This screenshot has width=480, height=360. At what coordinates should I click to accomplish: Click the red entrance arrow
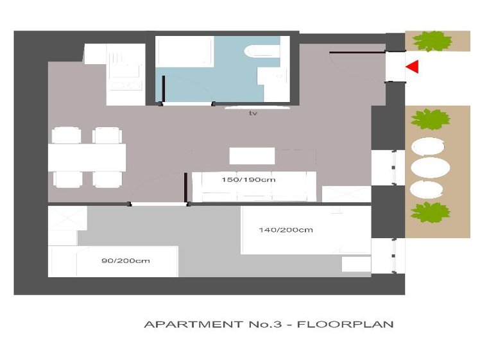413,67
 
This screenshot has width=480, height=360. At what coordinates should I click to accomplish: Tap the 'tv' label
253,114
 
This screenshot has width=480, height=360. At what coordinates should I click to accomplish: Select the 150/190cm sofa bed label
248,180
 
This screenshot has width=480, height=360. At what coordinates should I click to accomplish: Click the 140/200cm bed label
286,230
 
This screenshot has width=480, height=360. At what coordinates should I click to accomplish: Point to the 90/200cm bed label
126,261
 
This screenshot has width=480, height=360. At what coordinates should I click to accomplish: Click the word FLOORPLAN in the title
345,324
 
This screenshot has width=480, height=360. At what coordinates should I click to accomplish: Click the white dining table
87,157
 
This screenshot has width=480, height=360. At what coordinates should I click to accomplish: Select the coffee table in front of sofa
252,156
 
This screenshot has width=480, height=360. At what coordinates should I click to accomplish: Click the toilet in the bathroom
262,51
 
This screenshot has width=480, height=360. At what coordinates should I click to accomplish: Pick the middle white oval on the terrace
430,167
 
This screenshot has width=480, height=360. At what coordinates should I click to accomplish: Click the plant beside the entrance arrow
433,40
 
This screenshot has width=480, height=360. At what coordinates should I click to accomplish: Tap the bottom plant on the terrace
430,212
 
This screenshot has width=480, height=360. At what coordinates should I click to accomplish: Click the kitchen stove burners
126,86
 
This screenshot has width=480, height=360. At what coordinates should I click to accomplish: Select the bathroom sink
272,76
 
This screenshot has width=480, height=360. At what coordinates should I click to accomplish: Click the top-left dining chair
67,135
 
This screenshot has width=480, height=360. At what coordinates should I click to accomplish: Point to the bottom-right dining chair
107,180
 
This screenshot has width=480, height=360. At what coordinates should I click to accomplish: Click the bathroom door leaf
164,89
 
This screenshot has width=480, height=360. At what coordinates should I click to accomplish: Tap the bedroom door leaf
185,187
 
